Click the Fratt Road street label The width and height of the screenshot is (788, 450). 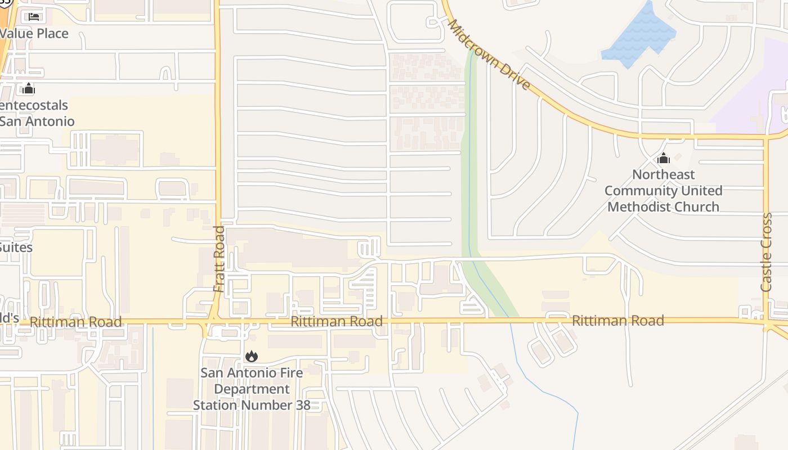tap(219, 259)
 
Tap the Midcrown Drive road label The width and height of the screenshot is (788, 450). tap(489, 55)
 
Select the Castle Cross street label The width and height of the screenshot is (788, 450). tap(767, 252)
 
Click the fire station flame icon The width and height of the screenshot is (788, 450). tap(251, 356)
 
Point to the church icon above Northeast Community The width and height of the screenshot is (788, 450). tap(664, 159)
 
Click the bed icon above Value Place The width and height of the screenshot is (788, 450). tap(34, 16)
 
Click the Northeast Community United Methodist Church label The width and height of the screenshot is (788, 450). tap(663, 191)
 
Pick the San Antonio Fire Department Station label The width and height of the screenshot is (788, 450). tap(252, 389)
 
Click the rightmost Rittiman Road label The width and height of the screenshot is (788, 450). tap(617, 321)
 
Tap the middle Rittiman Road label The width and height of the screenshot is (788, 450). tap(337, 321)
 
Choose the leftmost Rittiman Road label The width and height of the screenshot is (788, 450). tap(75, 322)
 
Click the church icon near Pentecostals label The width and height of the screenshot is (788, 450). tap(28, 88)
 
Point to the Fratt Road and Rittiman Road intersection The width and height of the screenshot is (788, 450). tap(213, 322)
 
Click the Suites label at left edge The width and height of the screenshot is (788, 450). tap(16, 247)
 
